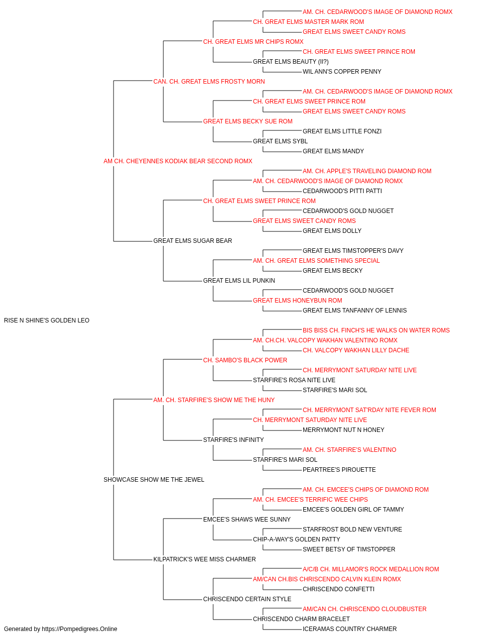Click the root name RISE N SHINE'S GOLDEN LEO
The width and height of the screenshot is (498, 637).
pos(47,320)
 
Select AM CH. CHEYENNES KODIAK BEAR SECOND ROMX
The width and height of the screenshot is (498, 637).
pos(178,161)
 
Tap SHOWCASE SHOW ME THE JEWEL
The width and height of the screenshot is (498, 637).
pos(154,480)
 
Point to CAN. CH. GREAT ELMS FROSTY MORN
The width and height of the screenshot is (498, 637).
pos(209,82)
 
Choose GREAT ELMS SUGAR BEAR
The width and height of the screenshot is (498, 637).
pos(192,241)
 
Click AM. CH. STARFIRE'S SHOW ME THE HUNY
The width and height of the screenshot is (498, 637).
pos(214,400)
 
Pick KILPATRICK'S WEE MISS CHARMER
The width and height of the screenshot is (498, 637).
pos(204,559)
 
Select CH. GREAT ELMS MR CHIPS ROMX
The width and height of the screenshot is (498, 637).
pos(253,42)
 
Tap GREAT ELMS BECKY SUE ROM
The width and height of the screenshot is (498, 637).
pos(248,121)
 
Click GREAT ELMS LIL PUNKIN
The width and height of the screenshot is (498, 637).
pos(239,281)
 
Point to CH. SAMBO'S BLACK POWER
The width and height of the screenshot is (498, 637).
pos(245,360)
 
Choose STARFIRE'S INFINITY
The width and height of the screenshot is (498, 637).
pos(234,440)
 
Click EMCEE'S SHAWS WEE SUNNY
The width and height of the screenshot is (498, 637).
pos(247,520)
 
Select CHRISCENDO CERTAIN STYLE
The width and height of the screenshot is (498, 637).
pos(247,599)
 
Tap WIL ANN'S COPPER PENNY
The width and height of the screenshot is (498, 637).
pos(342,72)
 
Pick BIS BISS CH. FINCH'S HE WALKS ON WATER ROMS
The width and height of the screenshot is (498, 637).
pos(376,330)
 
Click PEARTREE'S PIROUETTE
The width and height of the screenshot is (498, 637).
pos(339,470)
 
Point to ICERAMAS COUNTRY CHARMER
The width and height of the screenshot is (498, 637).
pos(350,629)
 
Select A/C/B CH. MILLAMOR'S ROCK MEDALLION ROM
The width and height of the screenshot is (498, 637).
pos(371,569)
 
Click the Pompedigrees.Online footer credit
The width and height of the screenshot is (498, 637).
pos(60,629)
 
